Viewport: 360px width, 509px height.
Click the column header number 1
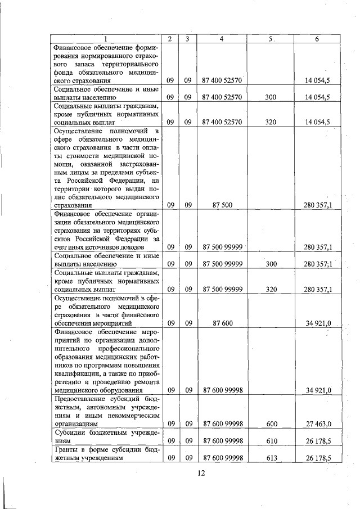(x=105, y=38)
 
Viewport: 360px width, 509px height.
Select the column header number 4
(x=222, y=38)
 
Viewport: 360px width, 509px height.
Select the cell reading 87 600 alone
(x=222, y=323)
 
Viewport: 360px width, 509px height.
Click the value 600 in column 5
(x=271, y=423)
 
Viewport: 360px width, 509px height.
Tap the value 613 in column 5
(x=271, y=458)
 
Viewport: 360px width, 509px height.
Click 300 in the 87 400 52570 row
(x=271, y=97)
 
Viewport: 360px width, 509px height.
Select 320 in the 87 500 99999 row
(x=271, y=289)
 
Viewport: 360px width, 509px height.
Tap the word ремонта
(x=147, y=381)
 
